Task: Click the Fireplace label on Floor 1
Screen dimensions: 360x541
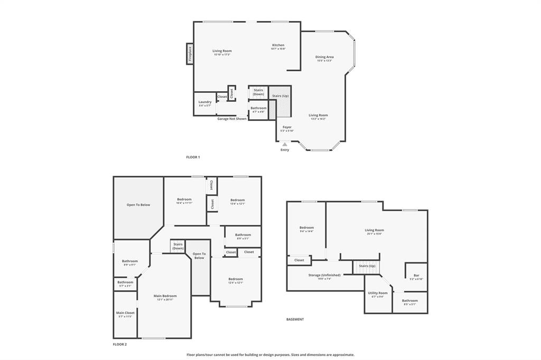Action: (x=190, y=54)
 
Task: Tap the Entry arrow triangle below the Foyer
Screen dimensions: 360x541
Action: (x=285, y=144)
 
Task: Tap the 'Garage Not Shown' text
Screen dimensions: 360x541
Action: (x=232, y=119)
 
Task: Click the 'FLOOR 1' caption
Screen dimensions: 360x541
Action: (x=193, y=157)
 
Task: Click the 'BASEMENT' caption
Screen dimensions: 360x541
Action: (x=295, y=319)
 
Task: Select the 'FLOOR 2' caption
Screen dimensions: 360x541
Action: (x=120, y=344)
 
